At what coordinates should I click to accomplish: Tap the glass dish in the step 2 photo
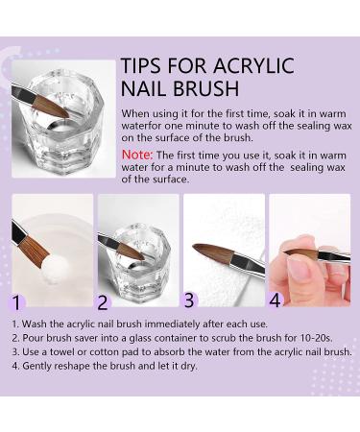pos(136,254)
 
